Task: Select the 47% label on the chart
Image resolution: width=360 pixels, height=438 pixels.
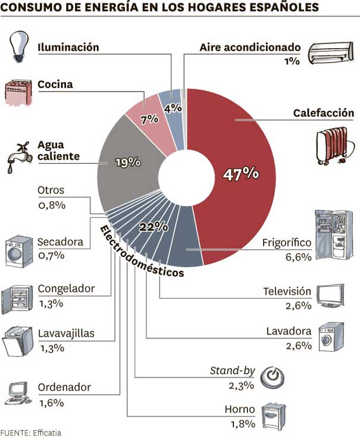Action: [240, 174]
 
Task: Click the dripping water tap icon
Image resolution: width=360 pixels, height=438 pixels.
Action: [17, 155]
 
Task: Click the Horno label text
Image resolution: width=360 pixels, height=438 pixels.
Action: [240, 409]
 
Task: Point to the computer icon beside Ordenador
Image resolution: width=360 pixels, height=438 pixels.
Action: [20, 392]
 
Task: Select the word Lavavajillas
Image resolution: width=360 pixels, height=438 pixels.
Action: [66, 333]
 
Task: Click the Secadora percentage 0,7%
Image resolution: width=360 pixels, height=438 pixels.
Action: [51, 256]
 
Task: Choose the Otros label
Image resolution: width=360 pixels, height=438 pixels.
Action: [51, 191]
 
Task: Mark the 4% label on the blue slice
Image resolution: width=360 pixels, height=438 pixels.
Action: [172, 109]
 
